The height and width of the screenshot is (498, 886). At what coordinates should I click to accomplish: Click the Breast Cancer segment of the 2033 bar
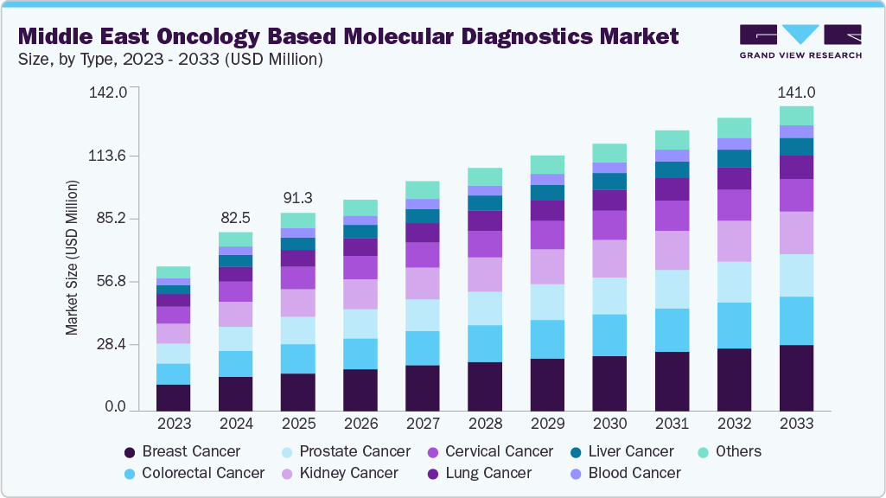[796, 377]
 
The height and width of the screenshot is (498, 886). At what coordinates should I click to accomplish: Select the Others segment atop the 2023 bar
[173, 272]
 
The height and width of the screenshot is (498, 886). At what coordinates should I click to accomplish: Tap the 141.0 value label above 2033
[796, 93]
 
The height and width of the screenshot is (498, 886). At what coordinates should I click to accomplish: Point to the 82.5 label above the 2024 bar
[235, 217]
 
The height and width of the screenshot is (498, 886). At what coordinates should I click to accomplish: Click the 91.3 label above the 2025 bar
[297, 198]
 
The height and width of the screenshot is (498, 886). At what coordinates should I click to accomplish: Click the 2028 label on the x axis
[484, 425]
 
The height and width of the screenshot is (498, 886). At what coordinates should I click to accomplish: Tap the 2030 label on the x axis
[609, 425]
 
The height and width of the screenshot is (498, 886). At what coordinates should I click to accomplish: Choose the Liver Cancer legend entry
[630, 451]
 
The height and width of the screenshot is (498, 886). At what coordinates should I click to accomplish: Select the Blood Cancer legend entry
[634, 473]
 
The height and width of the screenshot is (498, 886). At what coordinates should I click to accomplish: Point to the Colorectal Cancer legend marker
[130, 473]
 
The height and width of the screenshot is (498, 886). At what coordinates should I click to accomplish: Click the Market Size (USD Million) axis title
[73, 258]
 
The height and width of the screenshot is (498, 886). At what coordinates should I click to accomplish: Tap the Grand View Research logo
[800, 41]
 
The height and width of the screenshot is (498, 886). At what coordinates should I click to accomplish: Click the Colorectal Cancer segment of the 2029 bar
[547, 339]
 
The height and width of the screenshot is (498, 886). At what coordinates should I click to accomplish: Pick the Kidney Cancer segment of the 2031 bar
[672, 250]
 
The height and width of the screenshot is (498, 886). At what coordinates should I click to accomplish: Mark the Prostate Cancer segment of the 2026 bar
[360, 323]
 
